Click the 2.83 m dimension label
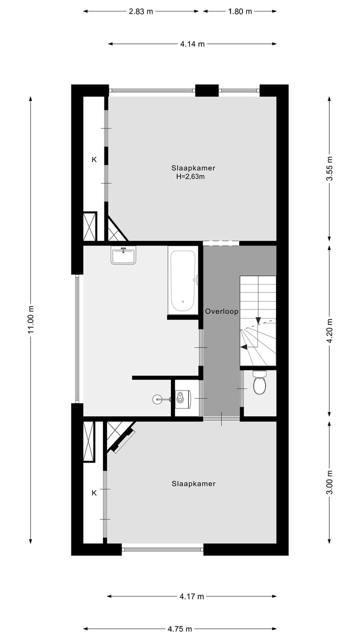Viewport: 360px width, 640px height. point(140,11)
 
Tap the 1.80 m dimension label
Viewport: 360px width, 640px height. point(240,11)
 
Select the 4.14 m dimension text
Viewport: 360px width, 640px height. point(192,44)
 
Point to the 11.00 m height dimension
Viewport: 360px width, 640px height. point(31,319)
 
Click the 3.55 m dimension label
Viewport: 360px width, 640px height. point(329,168)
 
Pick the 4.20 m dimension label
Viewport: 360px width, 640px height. point(329,330)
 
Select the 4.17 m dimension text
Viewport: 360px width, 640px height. point(191,596)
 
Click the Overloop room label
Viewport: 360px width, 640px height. point(221,311)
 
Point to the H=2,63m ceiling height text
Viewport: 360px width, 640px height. point(190,176)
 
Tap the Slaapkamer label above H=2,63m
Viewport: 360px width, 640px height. point(193,168)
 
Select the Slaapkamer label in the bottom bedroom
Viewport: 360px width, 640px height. point(193,483)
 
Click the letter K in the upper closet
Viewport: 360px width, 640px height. point(93,160)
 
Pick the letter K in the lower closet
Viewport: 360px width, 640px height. point(93,493)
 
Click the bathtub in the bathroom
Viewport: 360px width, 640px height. point(182,281)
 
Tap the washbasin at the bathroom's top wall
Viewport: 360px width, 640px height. point(123,255)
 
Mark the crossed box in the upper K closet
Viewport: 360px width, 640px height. point(89,227)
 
